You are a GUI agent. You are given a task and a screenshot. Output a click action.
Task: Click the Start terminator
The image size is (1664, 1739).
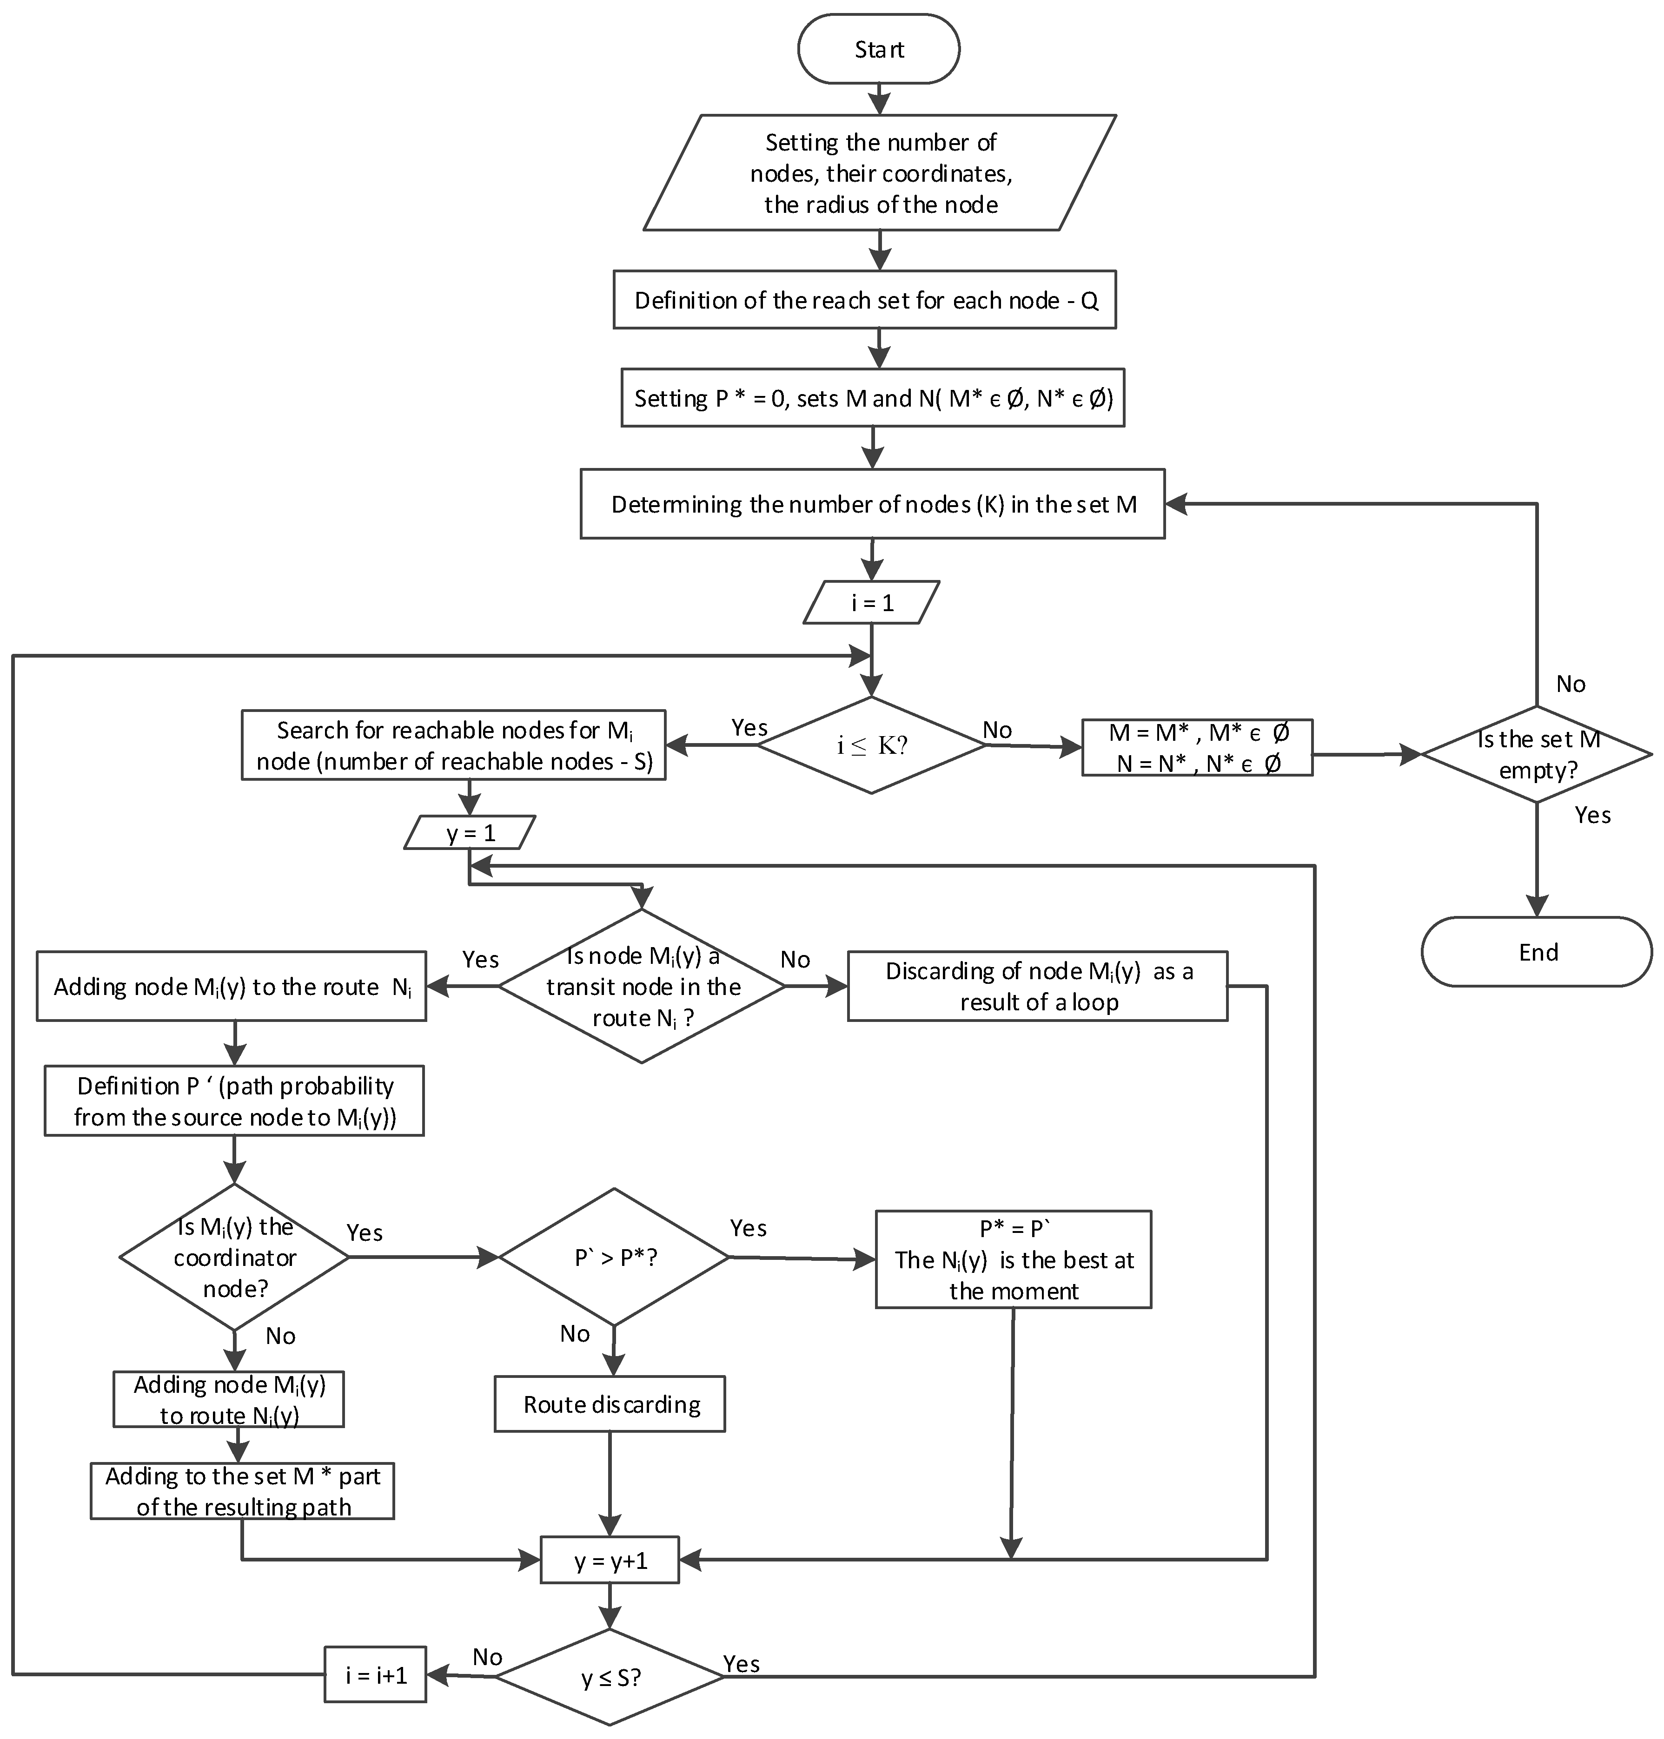(x=878, y=49)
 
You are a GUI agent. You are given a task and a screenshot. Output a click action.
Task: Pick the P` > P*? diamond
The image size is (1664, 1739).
(x=614, y=1258)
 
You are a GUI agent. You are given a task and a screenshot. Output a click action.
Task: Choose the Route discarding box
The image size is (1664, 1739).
(x=610, y=1404)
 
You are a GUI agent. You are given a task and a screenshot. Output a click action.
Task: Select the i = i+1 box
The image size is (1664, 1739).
(x=375, y=1674)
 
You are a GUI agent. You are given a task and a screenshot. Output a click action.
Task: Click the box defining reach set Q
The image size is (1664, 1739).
(x=865, y=300)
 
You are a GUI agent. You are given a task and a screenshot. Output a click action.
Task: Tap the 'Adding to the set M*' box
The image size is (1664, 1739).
(x=242, y=1491)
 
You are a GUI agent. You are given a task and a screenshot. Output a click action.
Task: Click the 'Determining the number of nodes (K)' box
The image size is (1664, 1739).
(x=873, y=504)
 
